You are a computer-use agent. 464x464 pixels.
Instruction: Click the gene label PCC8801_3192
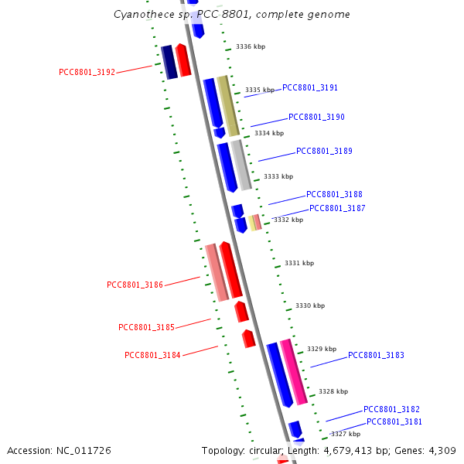[x=87, y=73]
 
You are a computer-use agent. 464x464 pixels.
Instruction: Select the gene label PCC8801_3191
[x=310, y=88]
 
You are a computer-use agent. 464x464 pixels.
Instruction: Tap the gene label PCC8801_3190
[x=316, y=118]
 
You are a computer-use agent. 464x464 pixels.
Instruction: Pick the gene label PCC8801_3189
[x=324, y=152]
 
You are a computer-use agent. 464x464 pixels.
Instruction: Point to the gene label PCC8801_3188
[x=334, y=195]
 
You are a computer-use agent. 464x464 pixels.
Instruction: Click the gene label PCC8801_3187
[x=337, y=209]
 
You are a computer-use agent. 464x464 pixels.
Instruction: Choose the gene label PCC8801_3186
[x=135, y=285]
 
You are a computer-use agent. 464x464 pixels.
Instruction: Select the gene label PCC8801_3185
[x=146, y=327]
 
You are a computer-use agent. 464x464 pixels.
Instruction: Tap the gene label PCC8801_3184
[x=152, y=356]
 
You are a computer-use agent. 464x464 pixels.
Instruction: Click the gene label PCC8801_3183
[x=376, y=356]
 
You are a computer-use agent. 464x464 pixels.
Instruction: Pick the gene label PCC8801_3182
[x=391, y=409]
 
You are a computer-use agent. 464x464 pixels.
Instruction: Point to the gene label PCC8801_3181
[x=394, y=422]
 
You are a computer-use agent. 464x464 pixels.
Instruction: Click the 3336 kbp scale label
[x=251, y=47]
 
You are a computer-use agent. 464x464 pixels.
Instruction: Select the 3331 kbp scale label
[x=299, y=264]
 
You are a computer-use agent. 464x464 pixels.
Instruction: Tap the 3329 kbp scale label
[x=322, y=350]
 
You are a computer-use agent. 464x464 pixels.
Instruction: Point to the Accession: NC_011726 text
[x=59, y=450]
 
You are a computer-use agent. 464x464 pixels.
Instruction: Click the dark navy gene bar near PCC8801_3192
[x=169, y=62]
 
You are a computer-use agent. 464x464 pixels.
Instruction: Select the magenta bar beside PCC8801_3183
[x=293, y=371]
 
